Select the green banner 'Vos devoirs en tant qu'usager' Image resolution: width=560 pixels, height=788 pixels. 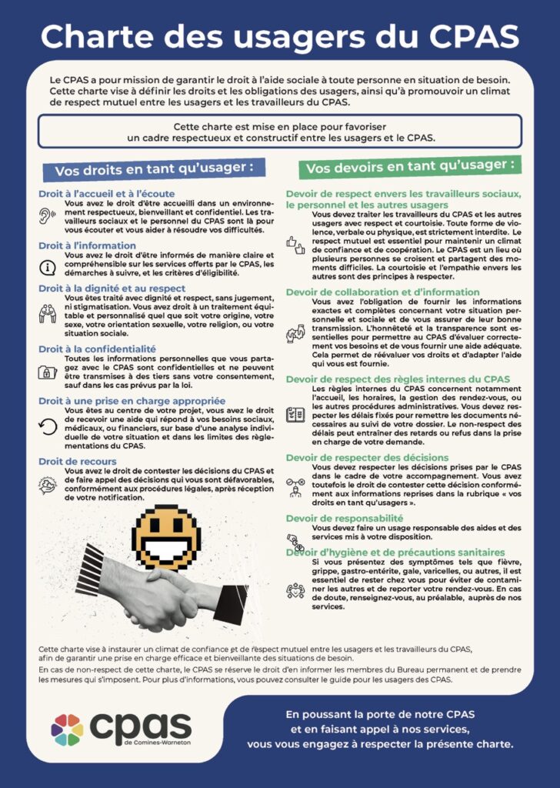pyautogui.click(x=410, y=166)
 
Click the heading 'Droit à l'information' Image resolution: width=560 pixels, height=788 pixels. pyautogui.click(x=88, y=245)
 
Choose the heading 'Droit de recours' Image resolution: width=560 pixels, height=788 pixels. pyautogui.click(x=78, y=461)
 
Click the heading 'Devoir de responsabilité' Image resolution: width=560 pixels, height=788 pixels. pyautogui.click(x=345, y=518)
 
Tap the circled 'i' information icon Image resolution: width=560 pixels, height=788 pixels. pyautogui.click(x=48, y=267)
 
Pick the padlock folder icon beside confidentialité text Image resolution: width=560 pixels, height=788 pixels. pyautogui.click(x=48, y=372)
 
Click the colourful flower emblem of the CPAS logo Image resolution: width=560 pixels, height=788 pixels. pyautogui.click(x=68, y=729)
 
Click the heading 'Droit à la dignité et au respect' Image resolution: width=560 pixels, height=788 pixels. pyautogui.click(x=112, y=289)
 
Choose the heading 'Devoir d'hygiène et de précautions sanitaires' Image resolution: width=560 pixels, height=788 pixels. pyautogui.click(x=395, y=553)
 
